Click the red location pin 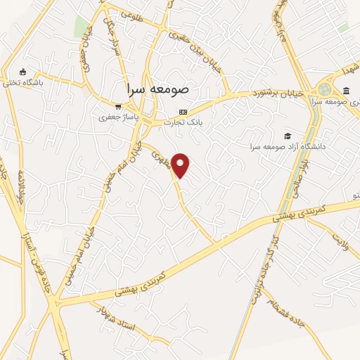point(181,165)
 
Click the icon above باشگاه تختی point(23,71)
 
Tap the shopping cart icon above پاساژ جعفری point(118,107)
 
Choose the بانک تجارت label point(184,122)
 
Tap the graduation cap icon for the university point(286,136)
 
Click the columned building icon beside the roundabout point(347,90)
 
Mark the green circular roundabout point(324,89)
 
